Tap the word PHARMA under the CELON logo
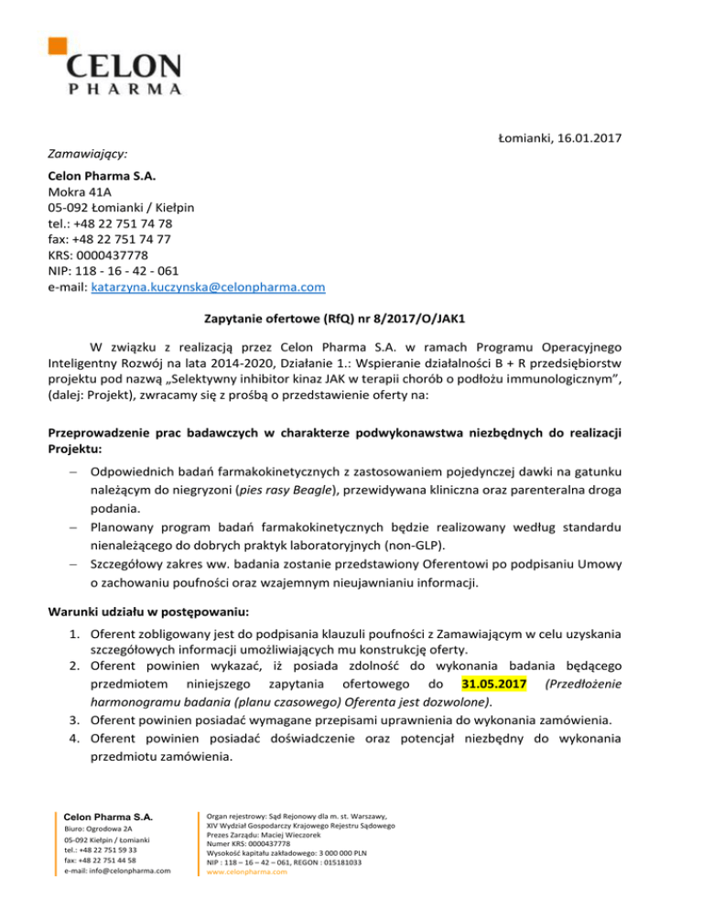pyautogui.click(x=124, y=90)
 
